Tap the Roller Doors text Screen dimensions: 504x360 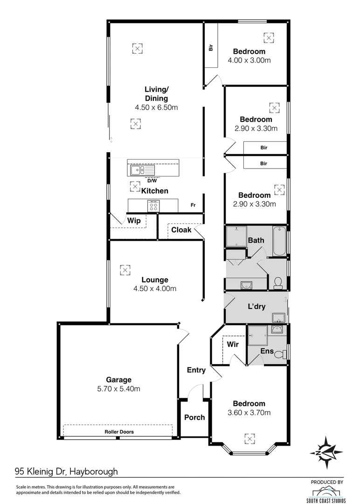(x=119, y=432)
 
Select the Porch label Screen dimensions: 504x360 (x=194, y=417)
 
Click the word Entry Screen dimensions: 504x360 (x=196, y=370)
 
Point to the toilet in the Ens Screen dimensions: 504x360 (x=280, y=355)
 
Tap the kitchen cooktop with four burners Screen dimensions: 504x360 (x=153, y=205)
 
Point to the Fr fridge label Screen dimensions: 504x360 (x=193, y=205)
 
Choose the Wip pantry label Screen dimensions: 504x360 (x=134, y=220)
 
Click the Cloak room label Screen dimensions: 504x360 (x=181, y=230)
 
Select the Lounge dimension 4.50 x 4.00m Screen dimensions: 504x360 (x=155, y=288)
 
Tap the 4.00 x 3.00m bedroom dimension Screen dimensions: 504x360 (x=249, y=60)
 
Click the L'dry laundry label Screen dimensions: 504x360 (x=256, y=307)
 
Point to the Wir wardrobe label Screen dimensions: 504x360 (x=233, y=344)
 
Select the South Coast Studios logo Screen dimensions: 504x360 (x=327, y=493)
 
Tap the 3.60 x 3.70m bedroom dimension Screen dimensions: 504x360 (x=249, y=413)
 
